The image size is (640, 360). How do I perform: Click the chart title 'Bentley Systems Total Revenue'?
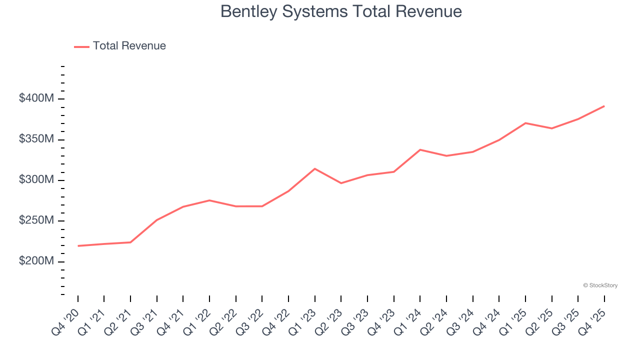pos(341,11)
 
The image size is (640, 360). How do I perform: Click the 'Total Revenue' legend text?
pos(129,46)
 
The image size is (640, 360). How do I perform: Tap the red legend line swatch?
pos(81,46)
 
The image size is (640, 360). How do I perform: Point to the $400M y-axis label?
pos(36,98)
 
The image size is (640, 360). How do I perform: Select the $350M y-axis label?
pos(36,139)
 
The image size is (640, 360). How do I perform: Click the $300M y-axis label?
pos(36,180)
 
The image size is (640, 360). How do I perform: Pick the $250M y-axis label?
pos(36,220)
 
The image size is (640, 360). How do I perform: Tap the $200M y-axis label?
pos(36,261)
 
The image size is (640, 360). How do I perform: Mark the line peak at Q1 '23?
pos(314,168)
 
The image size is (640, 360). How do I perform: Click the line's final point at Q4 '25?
pos(604,106)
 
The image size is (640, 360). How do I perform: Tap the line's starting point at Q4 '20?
pos(78,246)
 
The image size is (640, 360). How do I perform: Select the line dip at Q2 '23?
pos(341,183)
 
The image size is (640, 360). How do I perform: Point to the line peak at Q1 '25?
pos(525,123)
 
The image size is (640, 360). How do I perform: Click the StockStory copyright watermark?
pos(600,285)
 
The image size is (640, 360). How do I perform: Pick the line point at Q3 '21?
pos(157,220)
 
